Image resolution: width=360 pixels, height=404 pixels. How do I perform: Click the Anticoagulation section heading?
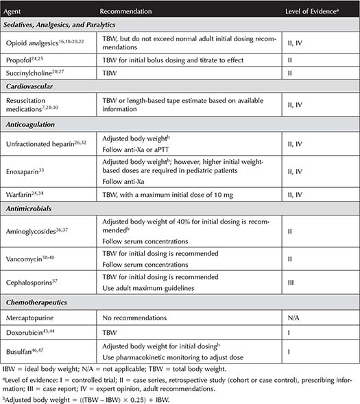39,124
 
